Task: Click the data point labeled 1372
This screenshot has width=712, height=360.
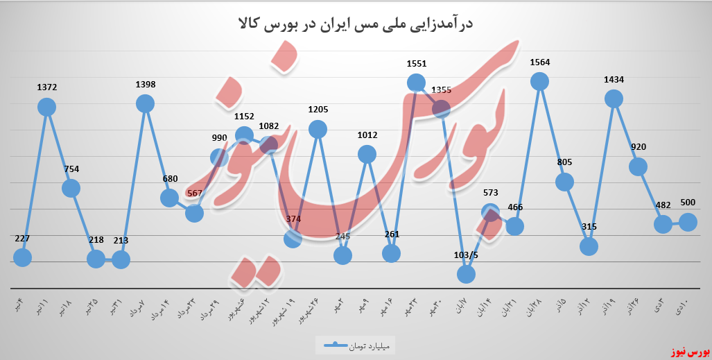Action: (46, 107)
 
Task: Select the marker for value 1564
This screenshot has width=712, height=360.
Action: (539, 81)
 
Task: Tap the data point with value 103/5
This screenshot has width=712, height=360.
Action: (466, 274)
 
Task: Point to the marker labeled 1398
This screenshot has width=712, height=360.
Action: (145, 103)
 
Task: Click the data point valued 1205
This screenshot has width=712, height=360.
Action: (318, 128)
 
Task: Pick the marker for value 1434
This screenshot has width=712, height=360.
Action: (614, 99)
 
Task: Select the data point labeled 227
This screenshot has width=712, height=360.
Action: (22, 257)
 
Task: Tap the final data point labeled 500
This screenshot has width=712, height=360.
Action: (688, 221)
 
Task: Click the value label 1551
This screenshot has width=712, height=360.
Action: (417, 63)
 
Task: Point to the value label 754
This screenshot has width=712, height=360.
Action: (71, 168)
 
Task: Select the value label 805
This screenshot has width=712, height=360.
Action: (564, 162)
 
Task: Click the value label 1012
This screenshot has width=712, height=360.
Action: (367, 135)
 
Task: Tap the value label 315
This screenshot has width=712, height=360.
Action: (589, 227)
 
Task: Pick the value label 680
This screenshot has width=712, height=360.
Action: (170, 178)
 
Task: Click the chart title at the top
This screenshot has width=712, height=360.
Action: (356, 25)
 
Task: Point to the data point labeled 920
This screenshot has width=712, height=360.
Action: (638, 166)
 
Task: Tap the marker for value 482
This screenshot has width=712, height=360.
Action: (663, 224)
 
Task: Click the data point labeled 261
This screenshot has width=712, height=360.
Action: (391, 253)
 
